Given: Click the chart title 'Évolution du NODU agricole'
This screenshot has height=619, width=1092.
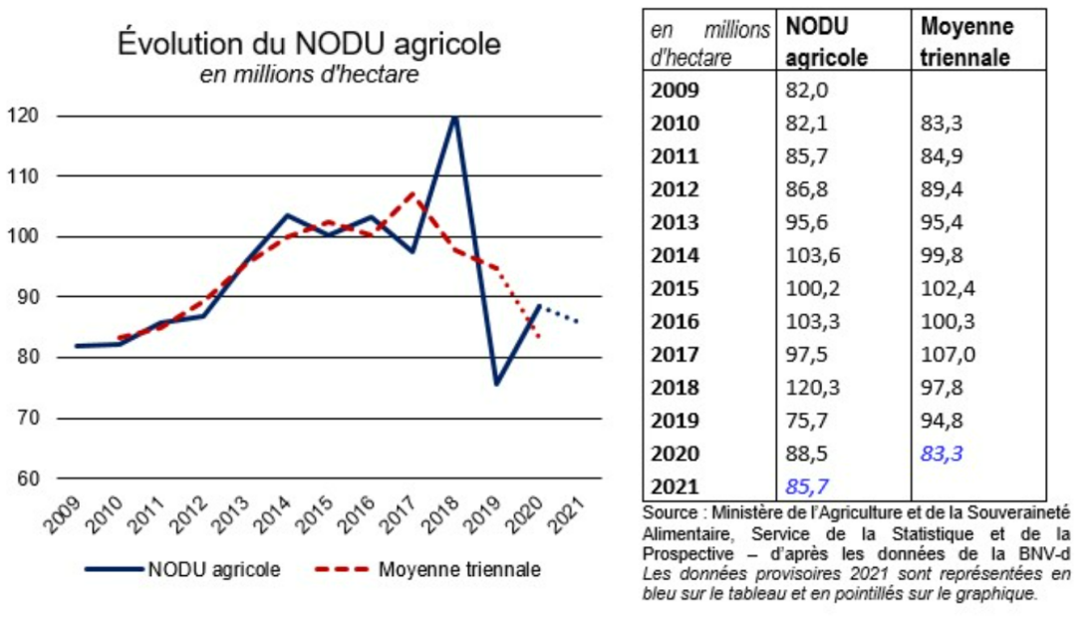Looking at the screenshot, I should (x=310, y=45).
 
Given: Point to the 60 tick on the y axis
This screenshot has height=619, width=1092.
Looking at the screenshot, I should (x=29, y=478).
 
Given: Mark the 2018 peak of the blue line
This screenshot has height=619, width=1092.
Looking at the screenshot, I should (x=455, y=116).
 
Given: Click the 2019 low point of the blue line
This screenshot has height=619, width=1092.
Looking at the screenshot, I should (x=496, y=384).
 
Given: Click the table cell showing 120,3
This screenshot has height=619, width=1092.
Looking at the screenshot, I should (x=807, y=388).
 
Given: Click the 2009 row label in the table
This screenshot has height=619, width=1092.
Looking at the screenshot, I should (x=676, y=90).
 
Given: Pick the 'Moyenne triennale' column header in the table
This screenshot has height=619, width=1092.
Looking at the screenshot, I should (x=966, y=42).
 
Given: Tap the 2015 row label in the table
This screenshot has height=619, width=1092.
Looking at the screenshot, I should (x=676, y=288).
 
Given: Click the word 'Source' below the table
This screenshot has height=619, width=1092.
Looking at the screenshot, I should (x=669, y=512).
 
